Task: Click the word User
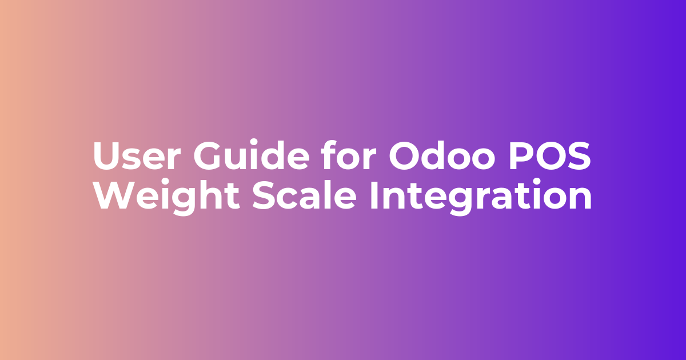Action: [136, 155]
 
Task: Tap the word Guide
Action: [252, 154]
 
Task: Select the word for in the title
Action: [349, 154]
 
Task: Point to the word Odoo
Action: [442, 154]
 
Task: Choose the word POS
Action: [550, 155]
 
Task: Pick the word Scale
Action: [304, 194]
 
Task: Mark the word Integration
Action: [481, 196]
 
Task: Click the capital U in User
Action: [108, 156]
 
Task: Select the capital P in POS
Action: [521, 155]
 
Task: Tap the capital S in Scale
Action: [264, 195]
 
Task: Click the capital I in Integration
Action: [374, 195]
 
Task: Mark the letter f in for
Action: [329, 154]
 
